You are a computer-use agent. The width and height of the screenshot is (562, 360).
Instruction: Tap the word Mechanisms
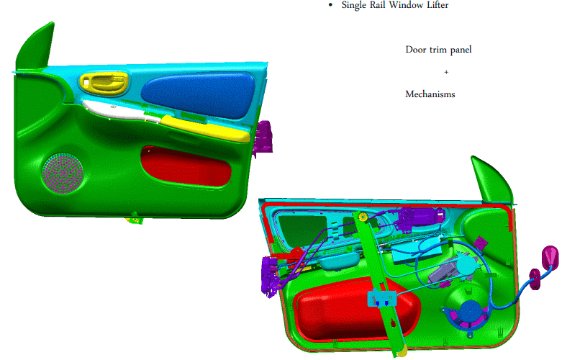click(430, 94)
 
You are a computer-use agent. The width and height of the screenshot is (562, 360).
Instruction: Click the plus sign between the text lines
click(446, 72)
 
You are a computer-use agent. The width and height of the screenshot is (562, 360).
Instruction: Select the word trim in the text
click(438, 50)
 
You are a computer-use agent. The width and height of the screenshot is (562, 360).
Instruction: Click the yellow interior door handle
click(104, 83)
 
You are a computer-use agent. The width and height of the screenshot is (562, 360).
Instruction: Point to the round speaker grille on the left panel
click(63, 174)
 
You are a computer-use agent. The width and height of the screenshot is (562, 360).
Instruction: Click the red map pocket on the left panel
click(186, 166)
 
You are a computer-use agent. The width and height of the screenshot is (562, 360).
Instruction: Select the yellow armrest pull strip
click(205, 128)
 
